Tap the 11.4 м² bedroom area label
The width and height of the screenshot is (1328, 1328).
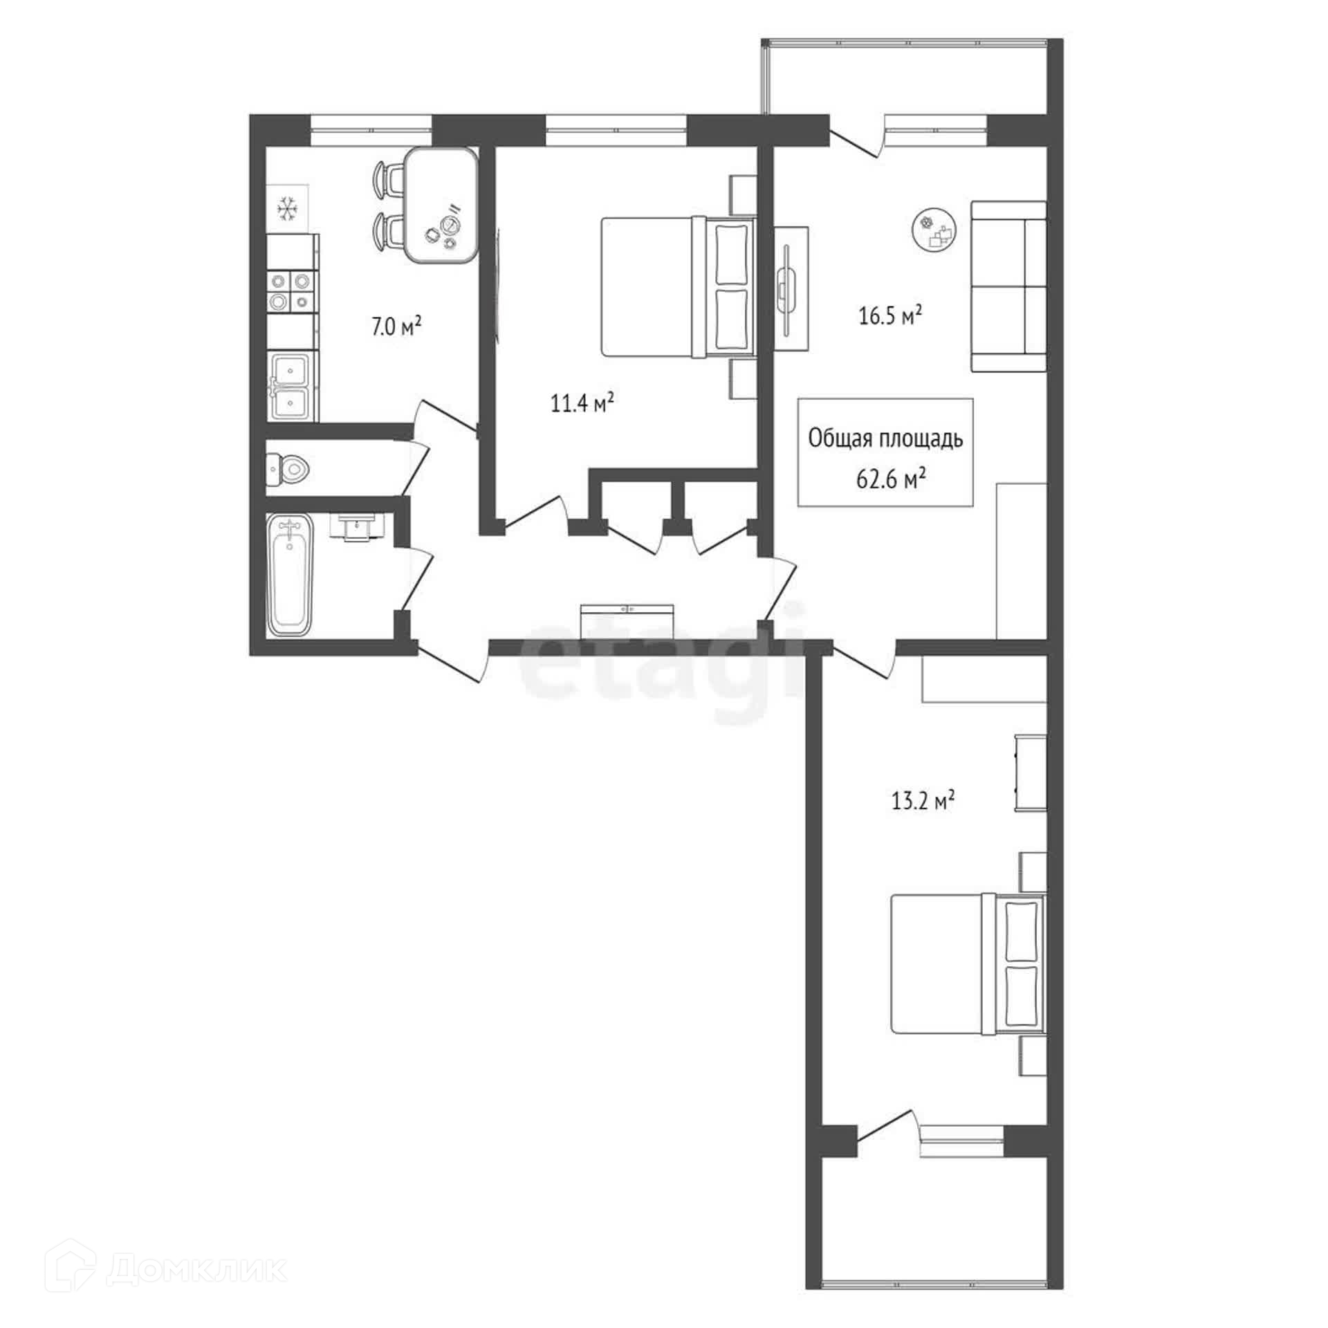tap(582, 402)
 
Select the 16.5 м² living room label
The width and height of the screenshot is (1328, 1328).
tap(891, 316)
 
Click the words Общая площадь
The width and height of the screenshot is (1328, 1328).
tap(886, 439)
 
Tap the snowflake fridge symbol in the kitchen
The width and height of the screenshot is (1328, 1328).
tap(286, 208)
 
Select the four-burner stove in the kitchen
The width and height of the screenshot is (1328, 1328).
tap(291, 291)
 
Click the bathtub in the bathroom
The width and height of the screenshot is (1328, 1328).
tap(290, 575)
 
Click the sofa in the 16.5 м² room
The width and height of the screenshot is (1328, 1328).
tap(1008, 286)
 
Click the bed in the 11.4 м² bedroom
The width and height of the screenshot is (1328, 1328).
tap(679, 287)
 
